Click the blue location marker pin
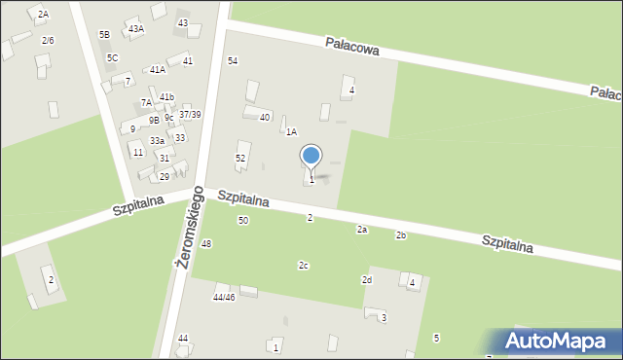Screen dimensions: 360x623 pyautogui.click(x=311, y=156)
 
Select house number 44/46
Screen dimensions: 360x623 pyautogui.click(x=224, y=297)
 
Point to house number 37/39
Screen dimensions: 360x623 pyautogui.click(x=190, y=115)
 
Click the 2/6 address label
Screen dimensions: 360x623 pyautogui.click(x=48, y=40)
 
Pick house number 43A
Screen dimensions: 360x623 pyautogui.click(x=136, y=29)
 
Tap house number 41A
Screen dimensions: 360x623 pyautogui.click(x=157, y=70)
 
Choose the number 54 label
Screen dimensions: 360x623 pyautogui.click(x=233, y=61)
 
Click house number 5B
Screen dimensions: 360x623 pyautogui.click(x=104, y=35)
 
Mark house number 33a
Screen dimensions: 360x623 pyautogui.click(x=157, y=141)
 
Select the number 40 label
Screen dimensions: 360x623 pyautogui.click(x=264, y=118)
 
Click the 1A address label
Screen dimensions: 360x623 pyautogui.click(x=291, y=131)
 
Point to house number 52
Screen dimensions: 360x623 pyautogui.click(x=240, y=158)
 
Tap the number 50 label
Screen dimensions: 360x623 pyautogui.click(x=243, y=221)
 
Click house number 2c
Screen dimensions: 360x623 pyautogui.click(x=304, y=266)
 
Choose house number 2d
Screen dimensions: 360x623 pyautogui.click(x=366, y=280)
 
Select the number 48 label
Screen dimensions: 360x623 pyautogui.click(x=205, y=243)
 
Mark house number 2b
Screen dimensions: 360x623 pyautogui.click(x=400, y=235)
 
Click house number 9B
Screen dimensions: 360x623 pyautogui.click(x=154, y=121)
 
